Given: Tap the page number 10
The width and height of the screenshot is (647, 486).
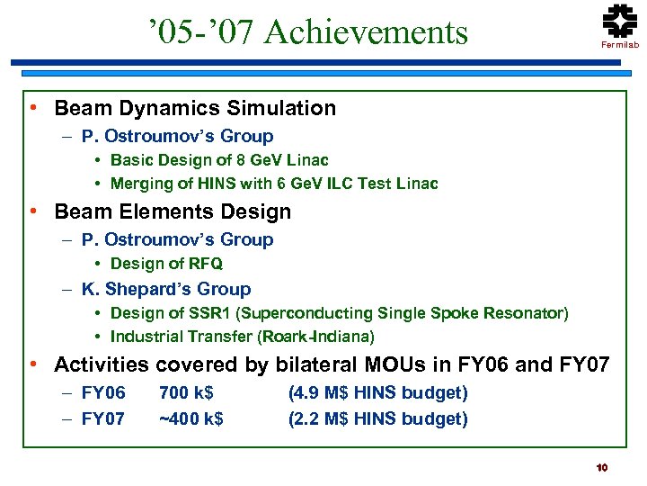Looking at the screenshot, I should click(602, 467).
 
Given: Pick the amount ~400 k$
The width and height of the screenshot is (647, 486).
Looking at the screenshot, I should click(191, 418).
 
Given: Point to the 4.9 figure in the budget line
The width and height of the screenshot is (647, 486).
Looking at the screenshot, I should click(306, 393).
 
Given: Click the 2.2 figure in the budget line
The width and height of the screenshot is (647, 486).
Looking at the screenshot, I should click(306, 418).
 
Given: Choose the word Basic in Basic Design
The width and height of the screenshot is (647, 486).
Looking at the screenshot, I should click(130, 160).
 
